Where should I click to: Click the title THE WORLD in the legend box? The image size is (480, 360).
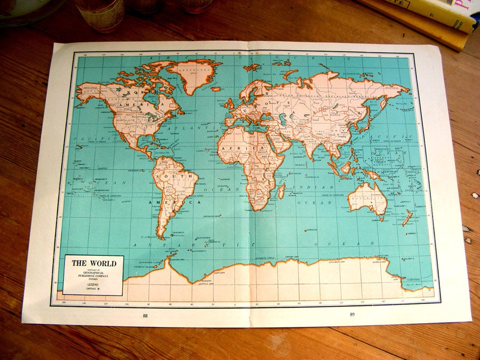(x=94, y=263)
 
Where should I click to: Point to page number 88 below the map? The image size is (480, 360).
(x=145, y=315)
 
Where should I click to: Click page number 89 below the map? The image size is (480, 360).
(x=352, y=314)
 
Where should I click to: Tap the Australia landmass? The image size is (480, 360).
(x=367, y=198)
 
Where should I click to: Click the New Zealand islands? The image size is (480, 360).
(x=406, y=218)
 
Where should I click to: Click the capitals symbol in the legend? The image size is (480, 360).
(x=99, y=290)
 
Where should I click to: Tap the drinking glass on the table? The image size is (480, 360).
(x=100, y=14)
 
